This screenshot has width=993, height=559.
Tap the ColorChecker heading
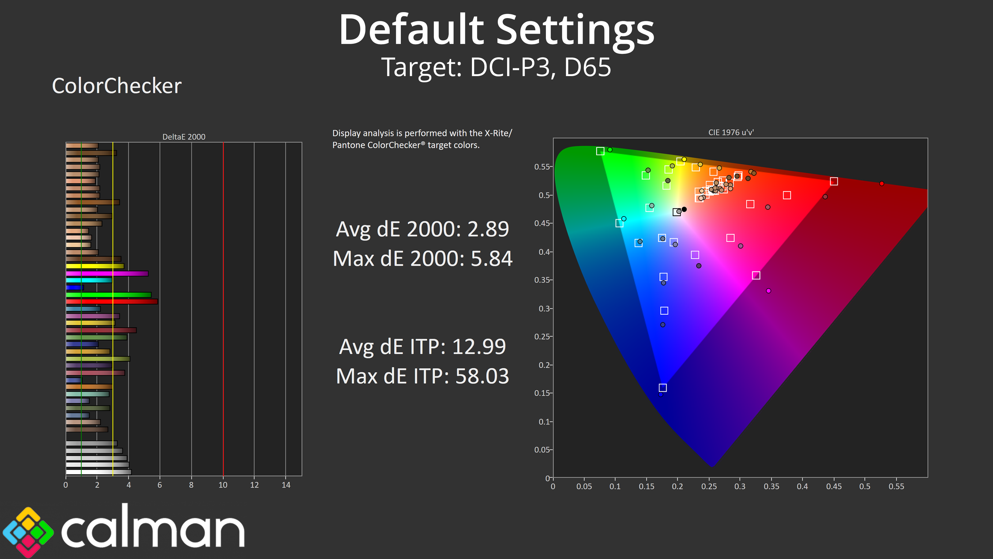coord(116,86)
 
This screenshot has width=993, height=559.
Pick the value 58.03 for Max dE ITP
coord(482,376)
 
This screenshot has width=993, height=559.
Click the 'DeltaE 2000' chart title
coord(184,137)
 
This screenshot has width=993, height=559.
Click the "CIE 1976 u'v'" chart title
coord(731,132)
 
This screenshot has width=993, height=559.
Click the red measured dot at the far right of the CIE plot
coord(882,184)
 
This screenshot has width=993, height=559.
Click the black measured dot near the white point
coord(684,209)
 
